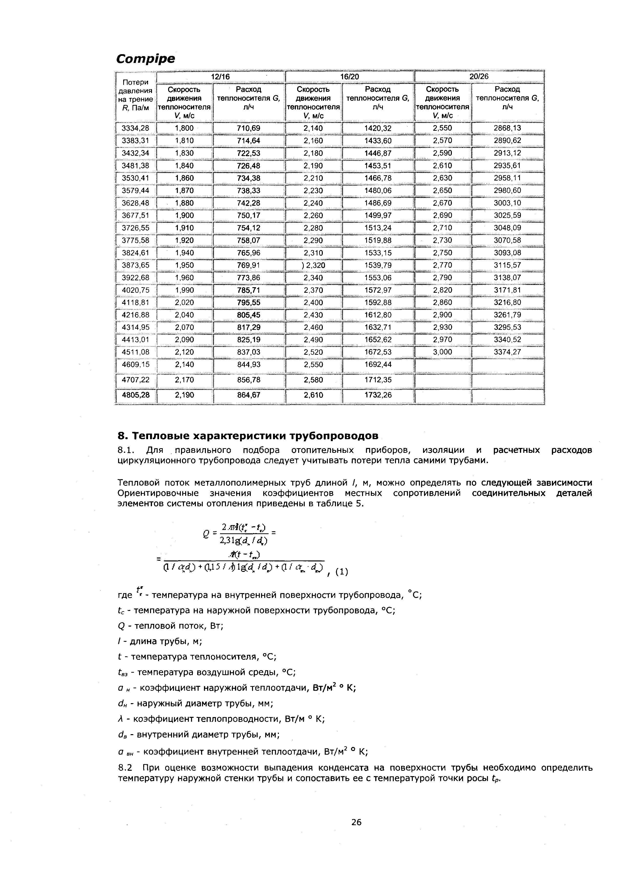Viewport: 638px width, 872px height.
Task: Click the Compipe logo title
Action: click(x=146, y=59)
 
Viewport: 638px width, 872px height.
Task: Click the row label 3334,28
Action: click(x=136, y=128)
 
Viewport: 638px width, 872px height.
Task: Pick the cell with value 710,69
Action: click(x=249, y=128)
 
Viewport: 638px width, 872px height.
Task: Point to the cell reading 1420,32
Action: click(x=378, y=128)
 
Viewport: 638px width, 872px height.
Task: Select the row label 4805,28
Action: click(x=136, y=395)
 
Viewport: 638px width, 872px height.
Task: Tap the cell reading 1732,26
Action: click(x=378, y=395)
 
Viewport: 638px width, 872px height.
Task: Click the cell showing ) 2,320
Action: click(x=313, y=265)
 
